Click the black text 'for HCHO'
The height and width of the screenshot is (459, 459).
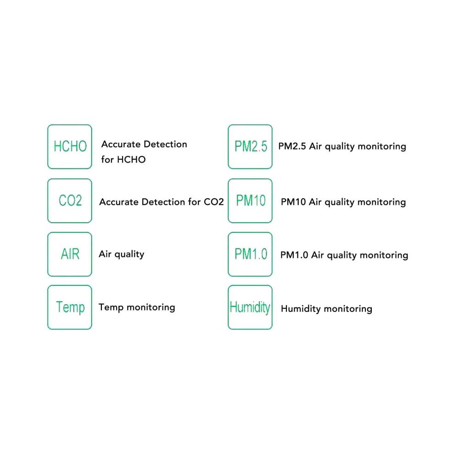pyautogui.click(x=123, y=160)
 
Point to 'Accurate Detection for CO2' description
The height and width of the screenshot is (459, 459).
pyautogui.click(x=162, y=202)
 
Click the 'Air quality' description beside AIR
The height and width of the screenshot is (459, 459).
pyautogui.click(x=122, y=254)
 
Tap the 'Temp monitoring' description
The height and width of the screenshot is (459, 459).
pyautogui.click(x=137, y=308)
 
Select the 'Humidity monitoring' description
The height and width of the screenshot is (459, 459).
pyautogui.click(x=326, y=309)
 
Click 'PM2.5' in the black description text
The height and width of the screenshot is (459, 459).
pyautogui.click(x=292, y=146)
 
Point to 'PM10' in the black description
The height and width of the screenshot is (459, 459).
pyautogui.click(x=293, y=202)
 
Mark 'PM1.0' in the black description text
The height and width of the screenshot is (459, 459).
pyautogui.click(x=294, y=255)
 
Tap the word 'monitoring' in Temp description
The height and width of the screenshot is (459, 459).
pyautogui.click(x=151, y=308)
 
